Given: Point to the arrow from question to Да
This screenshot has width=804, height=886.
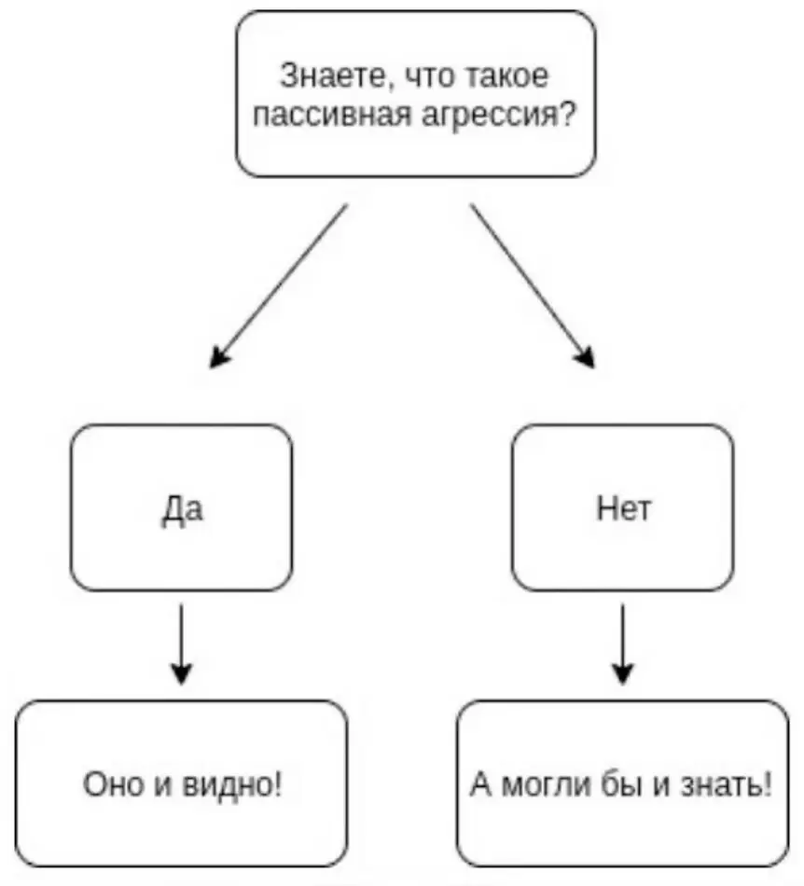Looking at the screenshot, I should click(x=280, y=284).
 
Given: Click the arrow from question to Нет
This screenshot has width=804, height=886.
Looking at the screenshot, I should click(x=532, y=284).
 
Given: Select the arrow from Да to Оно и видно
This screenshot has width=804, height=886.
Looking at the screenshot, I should click(x=182, y=644).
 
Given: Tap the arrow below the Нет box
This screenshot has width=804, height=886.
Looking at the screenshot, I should click(x=623, y=644).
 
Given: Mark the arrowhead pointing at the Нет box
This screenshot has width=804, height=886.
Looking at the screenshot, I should click(x=586, y=357).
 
